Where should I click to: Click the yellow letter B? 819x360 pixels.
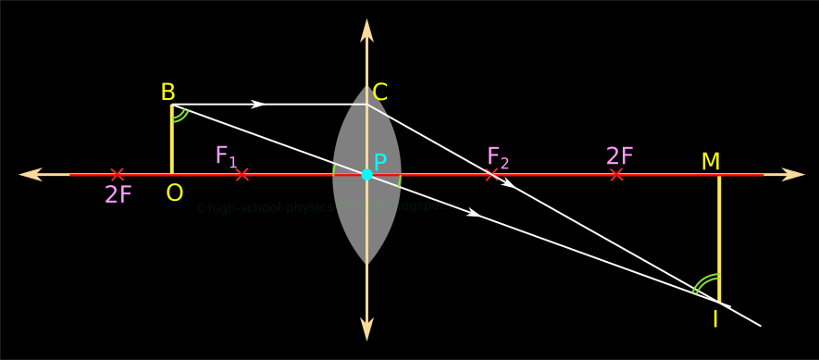coord(168,93)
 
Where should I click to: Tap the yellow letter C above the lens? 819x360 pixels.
coord(379,93)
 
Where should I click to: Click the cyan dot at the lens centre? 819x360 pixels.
coord(366,174)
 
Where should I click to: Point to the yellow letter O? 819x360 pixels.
coord(174,193)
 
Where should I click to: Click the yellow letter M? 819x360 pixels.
coord(711,162)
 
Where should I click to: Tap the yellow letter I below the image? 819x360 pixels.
coord(714,319)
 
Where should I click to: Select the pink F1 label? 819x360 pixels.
coord(226,155)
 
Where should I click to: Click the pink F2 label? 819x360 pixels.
coord(498,157)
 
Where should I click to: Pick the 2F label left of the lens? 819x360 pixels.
coord(118,194)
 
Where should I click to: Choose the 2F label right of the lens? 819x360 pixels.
coord(620,156)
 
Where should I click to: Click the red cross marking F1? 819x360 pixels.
coord(242,174)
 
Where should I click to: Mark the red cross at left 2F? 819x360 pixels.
coord(117,174)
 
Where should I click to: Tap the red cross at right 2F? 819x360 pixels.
coord(616,174)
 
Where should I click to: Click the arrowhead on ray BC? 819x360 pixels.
coord(259,104)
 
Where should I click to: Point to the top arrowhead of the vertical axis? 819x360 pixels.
coord(366,30)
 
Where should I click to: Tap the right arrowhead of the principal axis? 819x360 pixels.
coord(793,174)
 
